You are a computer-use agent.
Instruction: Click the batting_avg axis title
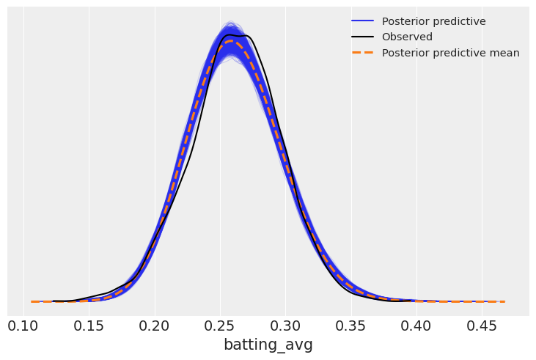tap(268, 345)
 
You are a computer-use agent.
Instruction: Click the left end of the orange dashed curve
tap(32, 301)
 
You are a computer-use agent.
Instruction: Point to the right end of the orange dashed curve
tap(504, 301)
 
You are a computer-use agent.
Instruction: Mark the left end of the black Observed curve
tap(54, 301)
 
